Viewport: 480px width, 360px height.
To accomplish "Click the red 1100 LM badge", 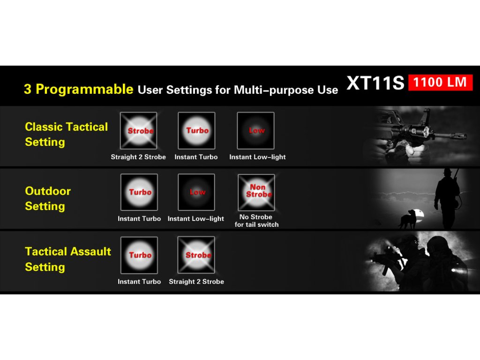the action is [x=440, y=82].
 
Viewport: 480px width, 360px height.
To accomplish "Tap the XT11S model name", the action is [x=375, y=82].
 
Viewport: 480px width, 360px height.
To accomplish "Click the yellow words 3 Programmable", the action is [x=78, y=89].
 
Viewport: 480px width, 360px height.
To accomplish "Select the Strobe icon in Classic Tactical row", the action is [x=139, y=131].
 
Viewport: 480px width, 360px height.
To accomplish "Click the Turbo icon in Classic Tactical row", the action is [x=196, y=131].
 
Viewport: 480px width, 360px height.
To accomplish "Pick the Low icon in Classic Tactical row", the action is [x=255, y=131].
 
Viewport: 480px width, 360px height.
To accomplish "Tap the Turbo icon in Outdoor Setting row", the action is [x=139, y=192].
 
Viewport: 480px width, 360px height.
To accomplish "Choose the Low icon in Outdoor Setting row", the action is [x=196, y=192].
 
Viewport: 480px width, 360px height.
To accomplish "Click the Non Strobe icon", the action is [x=256, y=192].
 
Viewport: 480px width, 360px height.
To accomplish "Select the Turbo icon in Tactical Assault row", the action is [x=139, y=255].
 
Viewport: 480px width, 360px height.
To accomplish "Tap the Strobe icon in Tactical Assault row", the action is [x=196, y=255].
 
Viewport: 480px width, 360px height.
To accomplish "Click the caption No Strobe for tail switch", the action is [x=256, y=221].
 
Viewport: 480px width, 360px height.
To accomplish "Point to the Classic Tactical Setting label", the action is [x=66, y=135].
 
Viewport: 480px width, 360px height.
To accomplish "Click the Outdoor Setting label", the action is [x=48, y=198].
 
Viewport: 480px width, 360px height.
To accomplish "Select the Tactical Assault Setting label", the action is [x=68, y=259].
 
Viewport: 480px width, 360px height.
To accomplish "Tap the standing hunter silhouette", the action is [x=448, y=199].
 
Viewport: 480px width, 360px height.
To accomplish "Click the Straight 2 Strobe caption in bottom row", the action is [x=196, y=282].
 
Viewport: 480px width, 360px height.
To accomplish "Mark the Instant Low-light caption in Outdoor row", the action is [x=196, y=218].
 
